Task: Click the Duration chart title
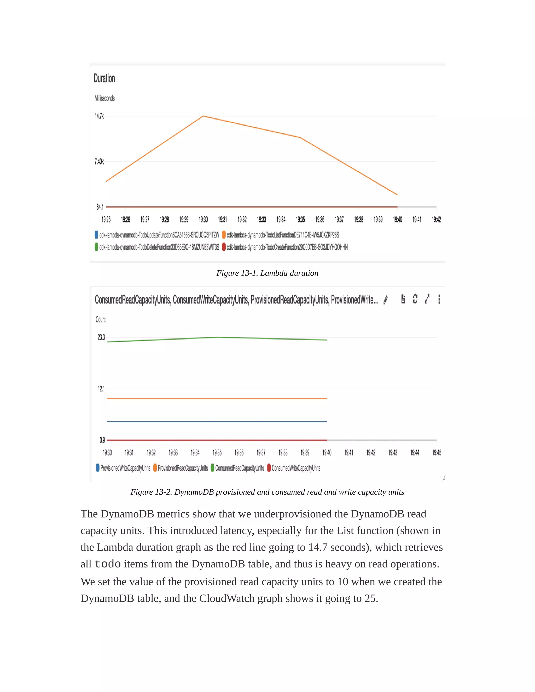pos(104,78)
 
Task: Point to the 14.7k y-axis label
pos(99,116)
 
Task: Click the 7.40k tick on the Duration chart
pos(99,162)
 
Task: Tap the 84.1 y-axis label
pos(100,207)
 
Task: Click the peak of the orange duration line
pos(203,116)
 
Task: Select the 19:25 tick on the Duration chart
pos(106,219)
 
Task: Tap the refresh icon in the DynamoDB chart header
pos(415,299)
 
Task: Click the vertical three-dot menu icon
pos(439,299)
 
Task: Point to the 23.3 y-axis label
pos(101,337)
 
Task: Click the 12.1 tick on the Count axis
pos(101,389)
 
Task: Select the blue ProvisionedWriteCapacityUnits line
pos(217,421)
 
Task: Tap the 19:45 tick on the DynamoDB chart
pos(437,453)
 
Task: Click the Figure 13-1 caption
pos(267,273)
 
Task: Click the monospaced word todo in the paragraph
pos(108,564)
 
